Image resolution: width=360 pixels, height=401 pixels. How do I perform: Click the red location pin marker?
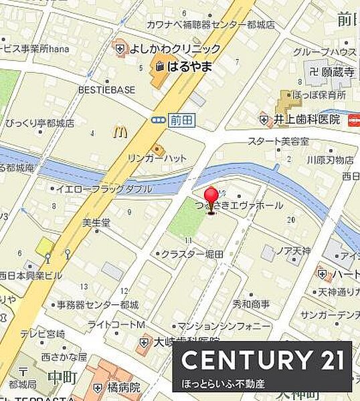[211, 199]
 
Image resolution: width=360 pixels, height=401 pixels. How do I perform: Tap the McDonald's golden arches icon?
[120, 132]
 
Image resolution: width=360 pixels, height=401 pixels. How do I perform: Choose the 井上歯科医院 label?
[306, 119]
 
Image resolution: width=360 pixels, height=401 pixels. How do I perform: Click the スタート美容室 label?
[278, 142]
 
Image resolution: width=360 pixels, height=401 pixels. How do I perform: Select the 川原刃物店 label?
[330, 160]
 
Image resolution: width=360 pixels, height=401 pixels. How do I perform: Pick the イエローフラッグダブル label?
[103, 189]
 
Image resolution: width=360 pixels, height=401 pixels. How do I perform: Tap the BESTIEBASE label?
[106, 90]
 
